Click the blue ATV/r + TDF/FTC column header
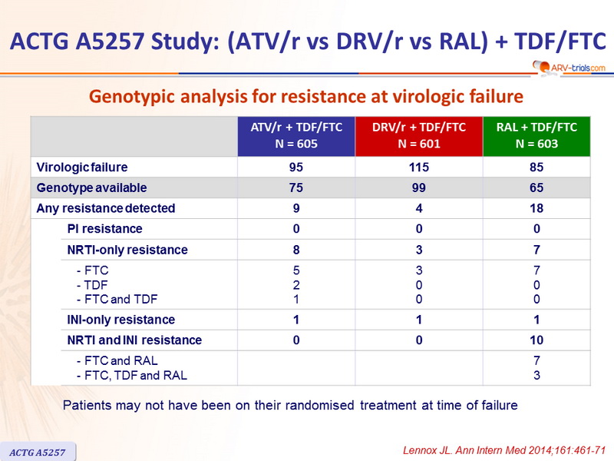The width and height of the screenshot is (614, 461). (x=296, y=136)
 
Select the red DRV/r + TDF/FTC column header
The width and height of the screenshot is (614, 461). (x=418, y=136)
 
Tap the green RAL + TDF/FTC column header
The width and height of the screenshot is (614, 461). (x=536, y=136)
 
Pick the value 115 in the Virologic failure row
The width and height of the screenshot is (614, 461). (x=418, y=167)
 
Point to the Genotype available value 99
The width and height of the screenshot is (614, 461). (x=418, y=187)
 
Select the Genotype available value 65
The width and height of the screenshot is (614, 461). (x=536, y=187)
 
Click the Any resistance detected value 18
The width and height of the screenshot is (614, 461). (x=536, y=208)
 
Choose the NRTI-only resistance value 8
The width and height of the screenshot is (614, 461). (x=296, y=250)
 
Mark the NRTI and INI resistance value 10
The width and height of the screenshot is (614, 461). (x=536, y=340)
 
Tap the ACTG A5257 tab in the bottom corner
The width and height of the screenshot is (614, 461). (x=38, y=447)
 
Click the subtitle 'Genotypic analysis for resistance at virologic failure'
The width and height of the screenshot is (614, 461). (x=307, y=98)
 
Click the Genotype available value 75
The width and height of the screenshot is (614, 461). (x=296, y=187)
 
